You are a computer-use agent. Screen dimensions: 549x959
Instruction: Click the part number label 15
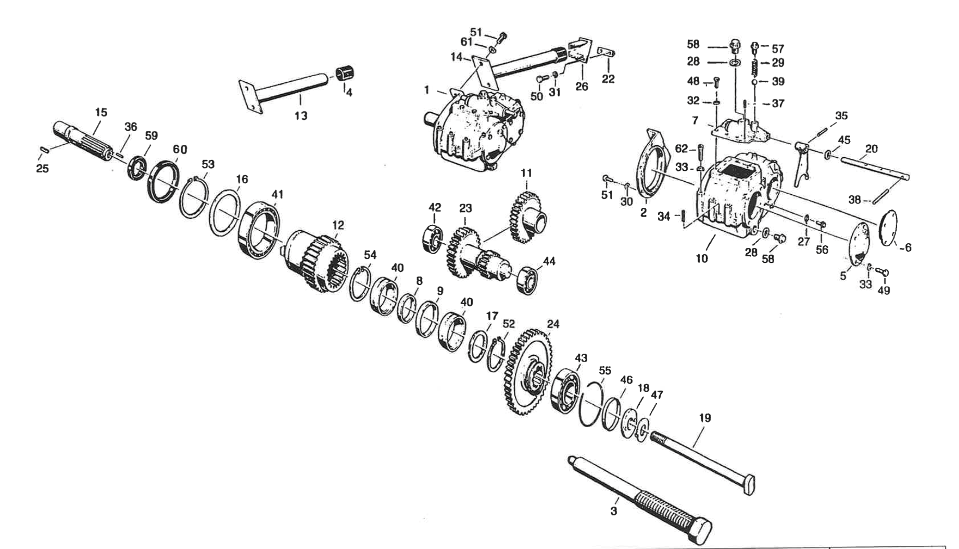101,113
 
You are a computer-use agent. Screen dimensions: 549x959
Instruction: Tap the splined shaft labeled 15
83,141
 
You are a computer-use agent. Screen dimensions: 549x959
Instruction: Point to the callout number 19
705,418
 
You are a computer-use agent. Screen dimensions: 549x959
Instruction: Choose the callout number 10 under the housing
702,258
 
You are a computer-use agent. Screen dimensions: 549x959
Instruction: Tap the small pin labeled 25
44,151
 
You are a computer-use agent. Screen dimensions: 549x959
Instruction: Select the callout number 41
277,194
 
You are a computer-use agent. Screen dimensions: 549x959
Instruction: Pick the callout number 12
338,225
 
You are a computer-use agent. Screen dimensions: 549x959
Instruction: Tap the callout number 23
465,208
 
